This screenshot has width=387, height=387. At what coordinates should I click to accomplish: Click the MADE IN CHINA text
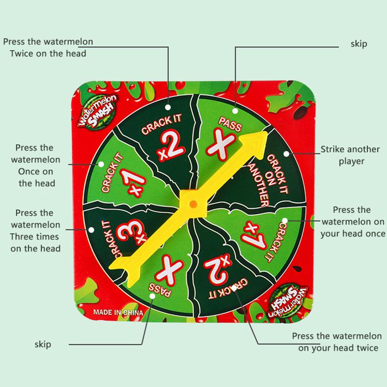(117, 312)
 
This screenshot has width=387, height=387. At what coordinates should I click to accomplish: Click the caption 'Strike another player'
(342, 155)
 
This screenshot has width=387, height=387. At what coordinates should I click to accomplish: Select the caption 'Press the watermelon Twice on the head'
(48, 47)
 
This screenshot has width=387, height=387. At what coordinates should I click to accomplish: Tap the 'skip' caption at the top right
(358, 44)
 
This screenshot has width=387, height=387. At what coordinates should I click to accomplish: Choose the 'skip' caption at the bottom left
(43, 344)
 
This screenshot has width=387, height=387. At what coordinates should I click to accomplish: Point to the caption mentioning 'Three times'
(38, 230)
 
